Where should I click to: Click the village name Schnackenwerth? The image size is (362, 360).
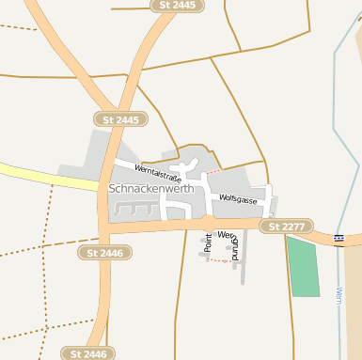pos(151,188)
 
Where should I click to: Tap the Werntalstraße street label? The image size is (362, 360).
pos(157,171)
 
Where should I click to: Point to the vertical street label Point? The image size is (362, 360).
pos(209,243)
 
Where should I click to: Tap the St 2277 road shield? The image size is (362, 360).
pos(286,227)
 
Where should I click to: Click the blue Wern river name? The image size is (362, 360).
pos(338,297)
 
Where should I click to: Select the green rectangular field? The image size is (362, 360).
pos(303,267)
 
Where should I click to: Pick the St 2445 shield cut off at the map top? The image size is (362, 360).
pos(177,6)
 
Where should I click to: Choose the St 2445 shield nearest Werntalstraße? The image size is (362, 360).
pos(120,119)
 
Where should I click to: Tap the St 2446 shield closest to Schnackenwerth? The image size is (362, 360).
pos(104,253)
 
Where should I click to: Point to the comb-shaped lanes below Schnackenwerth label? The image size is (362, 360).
pos(136,209)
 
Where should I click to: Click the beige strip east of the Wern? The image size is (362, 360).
pos(354,301)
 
